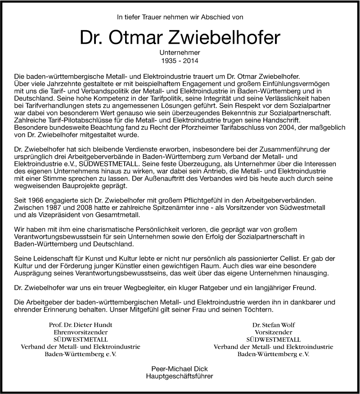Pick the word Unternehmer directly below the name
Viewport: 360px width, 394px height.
click(180, 52)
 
